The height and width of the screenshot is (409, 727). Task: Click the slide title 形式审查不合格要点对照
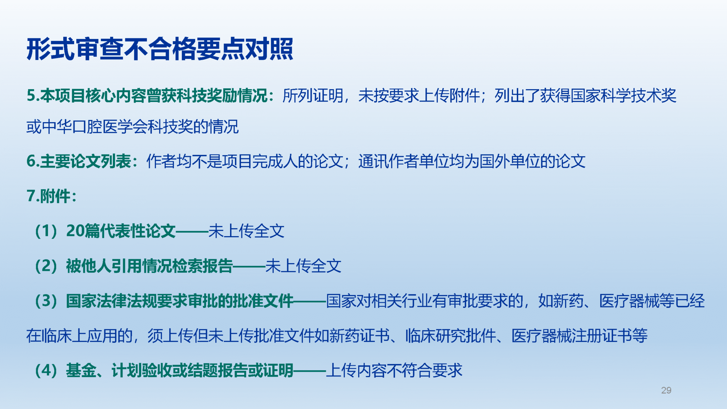[160, 49]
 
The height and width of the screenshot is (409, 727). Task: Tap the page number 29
[666, 390]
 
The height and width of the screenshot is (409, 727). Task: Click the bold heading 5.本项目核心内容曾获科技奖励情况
[147, 96]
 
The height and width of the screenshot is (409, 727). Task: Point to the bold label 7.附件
[48, 196]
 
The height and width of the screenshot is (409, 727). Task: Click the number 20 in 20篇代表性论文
[75, 231]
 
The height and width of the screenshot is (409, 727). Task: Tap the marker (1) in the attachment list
[46, 231]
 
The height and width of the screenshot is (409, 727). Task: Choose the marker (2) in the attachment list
[46, 266]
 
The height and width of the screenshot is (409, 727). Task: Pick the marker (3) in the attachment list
[46, 301]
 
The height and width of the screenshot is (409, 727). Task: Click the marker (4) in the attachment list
[46, 370]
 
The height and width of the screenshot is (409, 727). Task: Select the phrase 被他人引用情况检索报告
[149, 266]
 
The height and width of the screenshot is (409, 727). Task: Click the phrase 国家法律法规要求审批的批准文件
[180, 301]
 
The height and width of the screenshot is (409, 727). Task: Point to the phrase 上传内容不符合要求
[394, 370]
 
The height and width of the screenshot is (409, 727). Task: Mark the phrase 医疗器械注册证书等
[580, 336]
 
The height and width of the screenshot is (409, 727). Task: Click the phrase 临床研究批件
[451, 336]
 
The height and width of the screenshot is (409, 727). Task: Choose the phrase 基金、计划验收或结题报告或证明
[180, 370]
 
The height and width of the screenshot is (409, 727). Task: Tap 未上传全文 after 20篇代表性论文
[246, 231]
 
